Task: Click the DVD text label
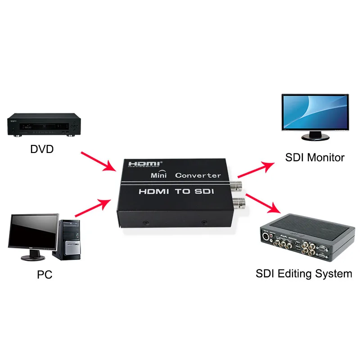pyautogui.click(x=41, y=148)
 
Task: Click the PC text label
pyautogui.click(x=45, y=274)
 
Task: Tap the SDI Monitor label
pyautogui.click(x=315, y=157)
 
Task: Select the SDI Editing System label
pyautogui.click(x=304, y=273)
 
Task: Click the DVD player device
pyautogui.click(x=44, y=126)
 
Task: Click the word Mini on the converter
pyautogui.click(x=158, y=175)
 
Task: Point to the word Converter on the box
pyautogui.click(x=198, y=175)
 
